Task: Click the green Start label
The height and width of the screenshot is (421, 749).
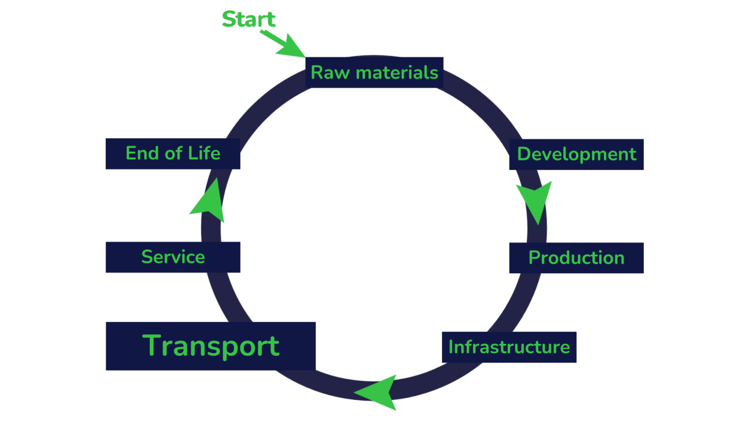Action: pyautogui.click(x=249, y=19)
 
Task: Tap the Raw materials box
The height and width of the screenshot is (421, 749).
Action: pyautogui.click(x=374, y=73)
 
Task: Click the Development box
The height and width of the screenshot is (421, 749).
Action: pyautogui.click(x=576, y=154)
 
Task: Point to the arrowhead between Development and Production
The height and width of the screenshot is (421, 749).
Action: pyautogui.click(x=535, y=201)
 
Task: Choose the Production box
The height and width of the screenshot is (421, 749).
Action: pyautogui.click(x=576, y=258)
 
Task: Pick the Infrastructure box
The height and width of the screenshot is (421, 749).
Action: pyautogui.click(x=509, y=347)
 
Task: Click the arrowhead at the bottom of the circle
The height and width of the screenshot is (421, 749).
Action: pyautogui.click(x=378, y=392)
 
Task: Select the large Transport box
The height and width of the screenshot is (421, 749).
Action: pyautogui.click(x=211, y=346)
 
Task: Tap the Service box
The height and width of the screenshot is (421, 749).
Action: pyautogui.click(x=173, y=257)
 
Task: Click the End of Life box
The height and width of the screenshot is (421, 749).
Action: pyautogui.click(x=173, y=154)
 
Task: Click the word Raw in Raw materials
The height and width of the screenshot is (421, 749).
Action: pyautogui.click(x=330, y=73)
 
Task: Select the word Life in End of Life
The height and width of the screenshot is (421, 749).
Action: pyautogui.click(x=204, y=153)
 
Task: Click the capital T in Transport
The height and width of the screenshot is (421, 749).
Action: pyautogui.click(x=152, y=346)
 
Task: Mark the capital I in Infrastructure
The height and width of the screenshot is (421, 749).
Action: pyautogui.click(x=451, y=347)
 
